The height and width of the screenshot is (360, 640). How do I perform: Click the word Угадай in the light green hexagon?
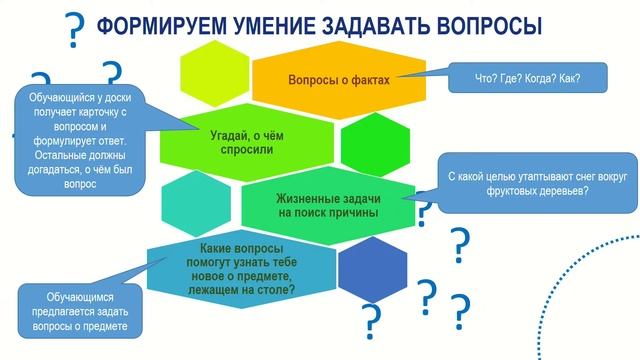[231, 135]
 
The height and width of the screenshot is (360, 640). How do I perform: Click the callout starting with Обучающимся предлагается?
[81, 312]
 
